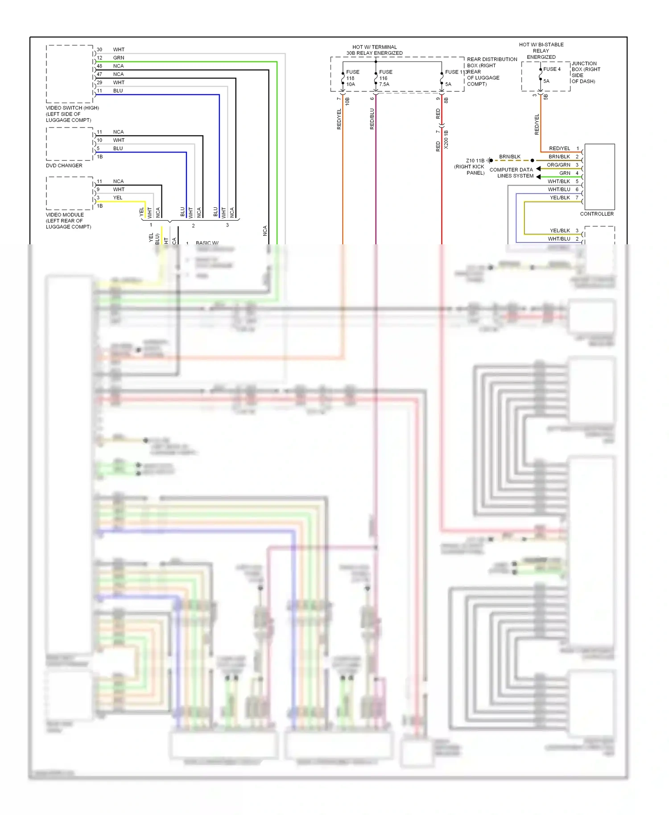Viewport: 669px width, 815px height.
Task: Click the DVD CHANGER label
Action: pyautogui.click(x=64, y=165)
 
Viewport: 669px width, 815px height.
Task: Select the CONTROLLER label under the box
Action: pyautogui.click(x=596, y=214)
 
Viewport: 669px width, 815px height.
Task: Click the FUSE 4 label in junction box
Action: pyautogui.click(x=552, y=69)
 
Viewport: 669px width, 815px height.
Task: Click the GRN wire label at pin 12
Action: pyautogui.click(x=119, y=58)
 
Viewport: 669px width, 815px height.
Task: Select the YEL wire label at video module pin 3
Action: pyautogui.click(x=117, y=198)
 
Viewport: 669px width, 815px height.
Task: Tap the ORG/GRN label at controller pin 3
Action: pyautogui.click(x=558, y=165)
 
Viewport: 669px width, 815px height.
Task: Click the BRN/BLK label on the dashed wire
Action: pyautogui.click(x=510, y=156)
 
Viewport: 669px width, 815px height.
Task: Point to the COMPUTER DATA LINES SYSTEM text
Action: pyautogui.click(x=511, y=173)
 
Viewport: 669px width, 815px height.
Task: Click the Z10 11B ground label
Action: pyautogui.click(x=475, y=161)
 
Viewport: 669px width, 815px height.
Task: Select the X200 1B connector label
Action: pyautogui.click(x=446, y=139)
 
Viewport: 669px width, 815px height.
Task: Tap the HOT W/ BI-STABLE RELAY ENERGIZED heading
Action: pyautogui.click(x=541, y=51)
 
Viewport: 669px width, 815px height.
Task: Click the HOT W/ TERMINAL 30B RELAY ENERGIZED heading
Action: pyautogui.click(x=374, y=50)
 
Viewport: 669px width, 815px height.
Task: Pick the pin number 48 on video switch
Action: pyautogui.click(x=99, y=66)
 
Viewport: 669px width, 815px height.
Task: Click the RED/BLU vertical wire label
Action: pyautogui.click(x=372, y=119)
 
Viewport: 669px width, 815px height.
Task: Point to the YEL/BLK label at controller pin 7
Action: pyautogui.click(x=560, y=198)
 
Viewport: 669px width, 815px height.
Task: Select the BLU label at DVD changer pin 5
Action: pyautogui.click(x=118, y=148)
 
